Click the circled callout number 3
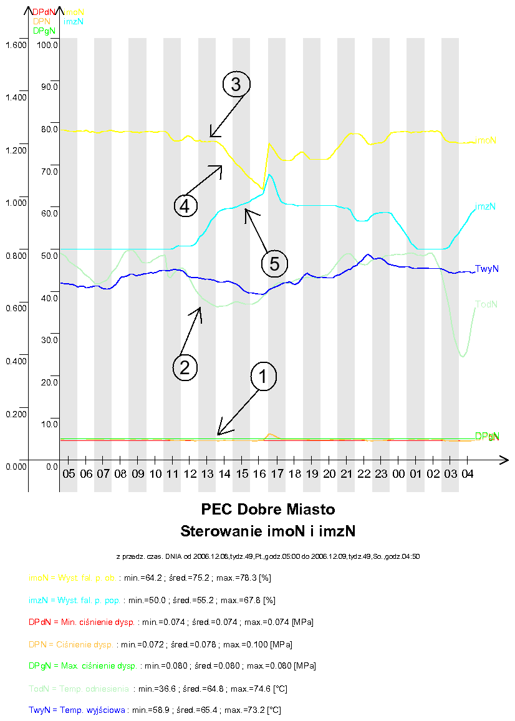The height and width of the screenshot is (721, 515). coord(236,85)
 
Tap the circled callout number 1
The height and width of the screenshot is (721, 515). coord(263,376)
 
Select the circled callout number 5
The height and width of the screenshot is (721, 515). coord(275,264)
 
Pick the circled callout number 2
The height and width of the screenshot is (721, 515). coord(185,367)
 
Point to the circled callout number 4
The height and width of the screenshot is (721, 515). coord(186,205)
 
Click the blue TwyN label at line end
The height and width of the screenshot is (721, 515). coord(486,269)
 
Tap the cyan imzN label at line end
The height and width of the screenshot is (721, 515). coord(485,206)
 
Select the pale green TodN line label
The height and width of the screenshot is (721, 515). coord(486,304)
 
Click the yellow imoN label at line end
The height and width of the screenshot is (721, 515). coord(486,141)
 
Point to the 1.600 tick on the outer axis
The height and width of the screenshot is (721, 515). coord(15,45)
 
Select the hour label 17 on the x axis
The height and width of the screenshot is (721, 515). coord(277,475)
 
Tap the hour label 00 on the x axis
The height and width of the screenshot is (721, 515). coord(398,475)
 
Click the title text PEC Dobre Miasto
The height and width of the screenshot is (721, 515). coord(268,510)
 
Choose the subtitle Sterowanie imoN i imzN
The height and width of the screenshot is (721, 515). coord(268,531)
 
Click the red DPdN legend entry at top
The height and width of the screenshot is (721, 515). coord(43,12)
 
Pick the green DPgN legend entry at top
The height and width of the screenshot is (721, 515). coord(43,31)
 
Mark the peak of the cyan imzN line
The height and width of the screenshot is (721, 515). coord(269,175)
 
